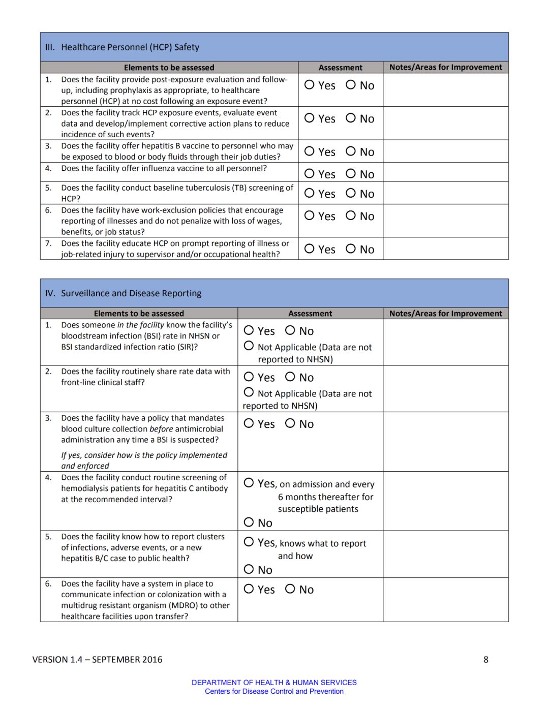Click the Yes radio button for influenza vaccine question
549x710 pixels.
(309, 173)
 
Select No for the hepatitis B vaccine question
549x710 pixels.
(351, 151)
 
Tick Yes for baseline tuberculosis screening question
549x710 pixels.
(309, 193)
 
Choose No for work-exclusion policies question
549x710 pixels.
(351, 215)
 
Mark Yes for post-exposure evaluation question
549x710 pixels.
(309, 84)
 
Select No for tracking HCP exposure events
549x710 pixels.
(351, 118)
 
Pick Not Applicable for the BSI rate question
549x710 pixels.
(249, 346)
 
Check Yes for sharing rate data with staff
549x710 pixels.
(249, 377)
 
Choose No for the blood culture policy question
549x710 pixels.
(290, 423)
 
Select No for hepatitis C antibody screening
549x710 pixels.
(249, 522)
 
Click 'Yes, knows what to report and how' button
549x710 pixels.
(249, 542)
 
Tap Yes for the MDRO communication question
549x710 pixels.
(249, 589)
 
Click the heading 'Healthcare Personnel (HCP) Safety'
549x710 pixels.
(130, 47)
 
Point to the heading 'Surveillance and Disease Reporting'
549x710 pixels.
(131, 293)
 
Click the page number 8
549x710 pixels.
(486, 660)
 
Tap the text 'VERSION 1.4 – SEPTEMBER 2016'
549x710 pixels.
(98, 660)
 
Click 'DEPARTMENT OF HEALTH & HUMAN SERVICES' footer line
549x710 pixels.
(274, 683)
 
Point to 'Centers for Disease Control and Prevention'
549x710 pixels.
(274, 691)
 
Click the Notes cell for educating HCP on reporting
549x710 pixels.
(445, 249)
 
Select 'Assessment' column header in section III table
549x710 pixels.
(341, 68)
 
